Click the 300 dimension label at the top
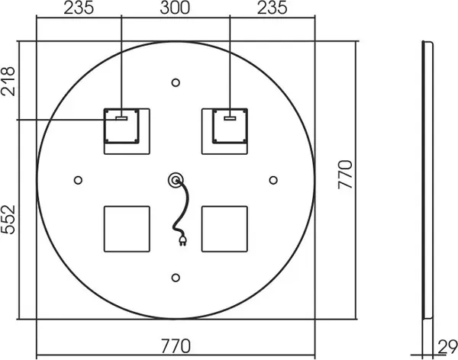(176, 10)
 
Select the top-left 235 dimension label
(79, 10)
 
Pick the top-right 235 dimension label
(272, 10)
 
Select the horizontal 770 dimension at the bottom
(176, 347)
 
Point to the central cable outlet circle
(176, 179)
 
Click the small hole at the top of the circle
(176, 82)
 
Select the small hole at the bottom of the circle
(176, 277)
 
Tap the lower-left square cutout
(127, 229)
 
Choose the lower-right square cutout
(224, 229)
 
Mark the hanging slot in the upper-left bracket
(121, 117)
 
